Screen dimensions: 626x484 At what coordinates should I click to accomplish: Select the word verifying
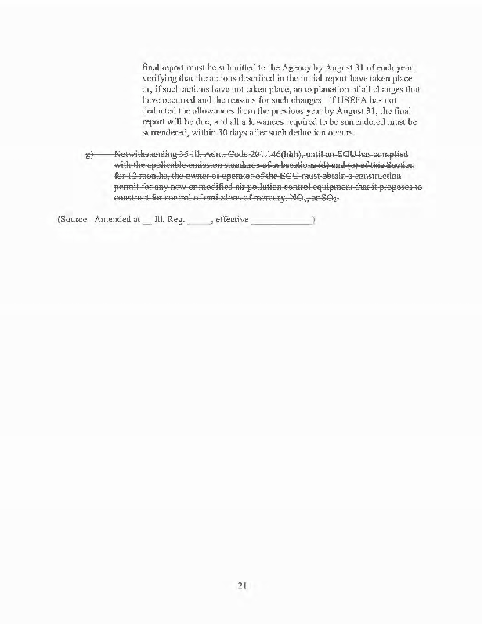pos(161,79)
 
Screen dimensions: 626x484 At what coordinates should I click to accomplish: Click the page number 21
pos(243,584)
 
